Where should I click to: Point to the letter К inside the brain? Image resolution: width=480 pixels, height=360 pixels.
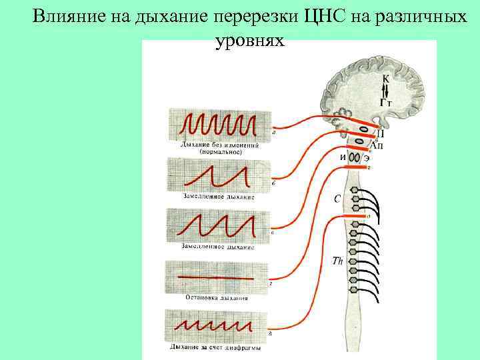tap(386, 79)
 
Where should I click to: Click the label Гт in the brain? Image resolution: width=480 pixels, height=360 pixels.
tap(385, 102)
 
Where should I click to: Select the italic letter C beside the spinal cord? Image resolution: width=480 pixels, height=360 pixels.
tap(337, 198)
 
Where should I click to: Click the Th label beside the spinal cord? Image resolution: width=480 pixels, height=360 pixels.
tap(337, 261)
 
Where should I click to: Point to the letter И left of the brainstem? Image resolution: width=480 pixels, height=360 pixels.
tap(343, 157)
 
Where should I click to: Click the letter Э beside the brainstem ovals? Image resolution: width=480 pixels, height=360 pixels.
tap(367, 158)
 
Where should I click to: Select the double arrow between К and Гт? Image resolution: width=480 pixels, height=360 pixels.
tap(386, 91)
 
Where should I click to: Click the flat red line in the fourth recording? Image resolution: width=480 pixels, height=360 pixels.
tap(217, 277)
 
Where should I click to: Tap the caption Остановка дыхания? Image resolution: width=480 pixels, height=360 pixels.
tap(217, 298)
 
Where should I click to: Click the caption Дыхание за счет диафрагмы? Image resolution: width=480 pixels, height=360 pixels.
tap(215, 347)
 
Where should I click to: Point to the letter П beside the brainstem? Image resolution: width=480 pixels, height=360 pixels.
tap(380, 133)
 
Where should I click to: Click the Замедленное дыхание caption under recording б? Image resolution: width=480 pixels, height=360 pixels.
tap(218, 197)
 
